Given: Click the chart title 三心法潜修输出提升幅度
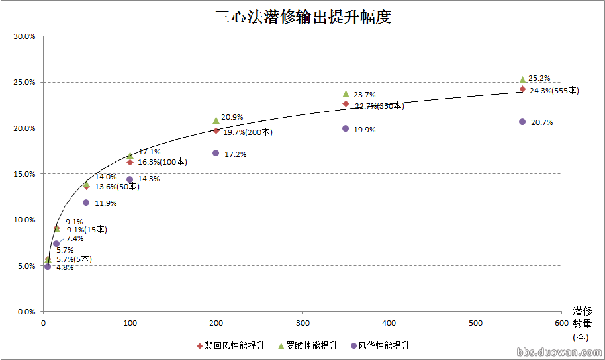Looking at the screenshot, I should pyautogui.click(x=302, y=17).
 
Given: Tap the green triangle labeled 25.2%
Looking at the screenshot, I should pyautogui.click(x=522, y=79).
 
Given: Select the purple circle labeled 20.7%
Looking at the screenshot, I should pyautogui.click(x=522, y=122).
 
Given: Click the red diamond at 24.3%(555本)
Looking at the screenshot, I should pyautogui.click(x=522, y=89).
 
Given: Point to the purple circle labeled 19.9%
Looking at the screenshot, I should pyautogui.click(x=346, y=128).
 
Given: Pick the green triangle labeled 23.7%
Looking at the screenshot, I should pyautogui.click(x=346, y=93).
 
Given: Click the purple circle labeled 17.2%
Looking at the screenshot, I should pyautogui.click(x=216, y=153).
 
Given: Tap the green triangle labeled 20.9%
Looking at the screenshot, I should pyautogui.click(x=216, y=120).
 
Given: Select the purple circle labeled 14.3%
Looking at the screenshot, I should pyautogui.click(x=130, y=179).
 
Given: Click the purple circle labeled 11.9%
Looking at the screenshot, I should pyautogui.click(x=86, y=202).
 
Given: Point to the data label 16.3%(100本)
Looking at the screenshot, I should pyautogui.click(x=162, y=162).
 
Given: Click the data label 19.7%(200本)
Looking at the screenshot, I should pyautogui.click(x=247, y=132).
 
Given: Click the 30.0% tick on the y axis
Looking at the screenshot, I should pyautogui.click(x=24, y=36).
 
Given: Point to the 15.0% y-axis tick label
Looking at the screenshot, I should pyautogui.click(x=24, y=174).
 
